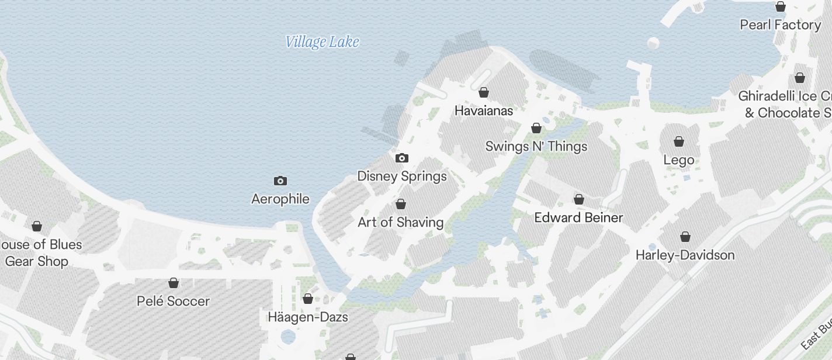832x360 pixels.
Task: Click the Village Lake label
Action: (x=322, y=42)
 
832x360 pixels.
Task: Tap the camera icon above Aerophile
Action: (x=280, y=181)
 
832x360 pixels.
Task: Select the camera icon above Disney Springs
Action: (x=402, y=158)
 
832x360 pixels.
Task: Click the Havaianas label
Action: (x=484, y=110)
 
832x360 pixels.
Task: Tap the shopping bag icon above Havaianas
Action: (x=484, y=92)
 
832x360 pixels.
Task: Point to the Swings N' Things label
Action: (x=536, y=146)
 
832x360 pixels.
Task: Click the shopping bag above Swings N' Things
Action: (x=536, y=128)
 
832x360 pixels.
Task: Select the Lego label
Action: (x=679, y=160)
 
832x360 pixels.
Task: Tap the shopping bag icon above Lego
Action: (x=679, y=141)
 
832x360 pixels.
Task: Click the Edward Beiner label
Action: (x=579, y=217)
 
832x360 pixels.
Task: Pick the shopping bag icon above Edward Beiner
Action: (x=579, y=199)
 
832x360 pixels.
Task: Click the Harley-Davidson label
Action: (x=685, y=255)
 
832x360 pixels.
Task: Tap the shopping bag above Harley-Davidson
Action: (x=685, y=237)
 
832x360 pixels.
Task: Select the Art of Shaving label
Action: (x=401, y=222)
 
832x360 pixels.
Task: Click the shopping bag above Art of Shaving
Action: (x=401, y=204)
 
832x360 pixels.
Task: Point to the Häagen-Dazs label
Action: (x=308, y=317)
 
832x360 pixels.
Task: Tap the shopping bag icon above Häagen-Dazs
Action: (x=308, y=299)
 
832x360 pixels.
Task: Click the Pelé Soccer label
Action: (x=173, y=301)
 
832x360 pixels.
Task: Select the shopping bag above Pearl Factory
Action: (x=781, y=6)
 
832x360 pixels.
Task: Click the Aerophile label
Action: (x=280, y=199)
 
